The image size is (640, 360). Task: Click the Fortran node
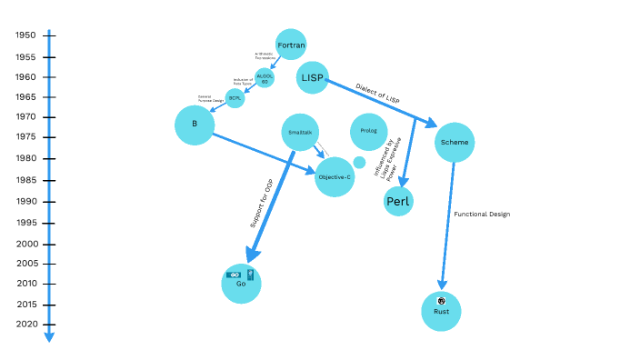[290, 44]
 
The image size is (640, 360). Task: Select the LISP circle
[313, 78]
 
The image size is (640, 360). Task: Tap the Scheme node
[455, 142]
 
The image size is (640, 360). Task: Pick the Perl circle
[398, 201]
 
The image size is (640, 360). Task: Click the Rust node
[442, 311]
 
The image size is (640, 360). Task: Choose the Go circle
[241, 283]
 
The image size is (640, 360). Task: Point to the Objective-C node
[335, 176]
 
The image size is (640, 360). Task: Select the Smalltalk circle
[300, 133]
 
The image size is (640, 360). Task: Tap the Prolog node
[369, 132]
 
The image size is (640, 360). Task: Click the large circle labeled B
[195, 125]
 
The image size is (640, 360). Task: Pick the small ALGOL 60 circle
[265, 78]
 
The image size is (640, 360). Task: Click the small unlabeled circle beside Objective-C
[359, 162]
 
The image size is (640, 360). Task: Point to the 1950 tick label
[25, 35]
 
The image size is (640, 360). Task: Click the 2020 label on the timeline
[25, 325]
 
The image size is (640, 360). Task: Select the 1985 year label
[25, 179]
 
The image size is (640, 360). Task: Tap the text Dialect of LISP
[378, 94]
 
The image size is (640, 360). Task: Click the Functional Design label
[482, 215]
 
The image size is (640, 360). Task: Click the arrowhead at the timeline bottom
[49, 337]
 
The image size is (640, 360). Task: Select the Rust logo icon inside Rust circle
[441, 301]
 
